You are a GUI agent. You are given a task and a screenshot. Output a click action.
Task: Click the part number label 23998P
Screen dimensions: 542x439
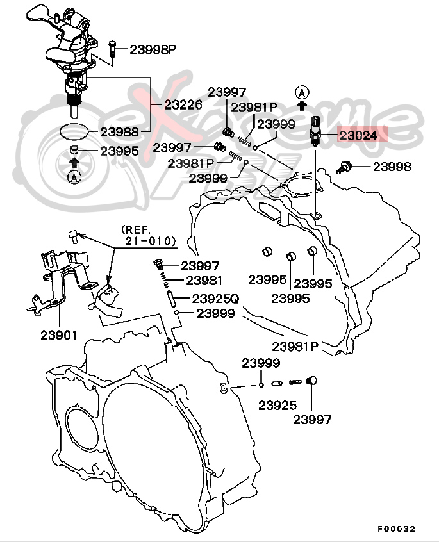coord(153,49)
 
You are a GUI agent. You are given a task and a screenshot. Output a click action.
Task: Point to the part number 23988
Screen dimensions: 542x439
coord(119,132)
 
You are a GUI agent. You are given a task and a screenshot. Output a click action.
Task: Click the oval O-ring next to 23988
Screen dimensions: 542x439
coord(74,131)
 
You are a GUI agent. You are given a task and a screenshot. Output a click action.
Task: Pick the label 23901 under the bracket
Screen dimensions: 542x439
coord(59,334)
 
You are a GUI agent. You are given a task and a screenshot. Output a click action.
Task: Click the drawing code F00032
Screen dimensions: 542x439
coord(397,529)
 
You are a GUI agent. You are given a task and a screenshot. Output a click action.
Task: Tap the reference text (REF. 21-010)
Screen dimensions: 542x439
coord(147,235)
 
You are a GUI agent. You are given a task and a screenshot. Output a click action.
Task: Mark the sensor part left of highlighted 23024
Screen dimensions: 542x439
coord(315,131)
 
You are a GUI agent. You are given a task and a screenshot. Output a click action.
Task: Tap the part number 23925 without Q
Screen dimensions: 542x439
coord(277,405)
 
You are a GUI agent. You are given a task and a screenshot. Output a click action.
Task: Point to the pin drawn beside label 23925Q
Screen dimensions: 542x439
coord(171,299)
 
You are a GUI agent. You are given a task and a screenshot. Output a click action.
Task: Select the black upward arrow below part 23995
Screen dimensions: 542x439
coord(74,164)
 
